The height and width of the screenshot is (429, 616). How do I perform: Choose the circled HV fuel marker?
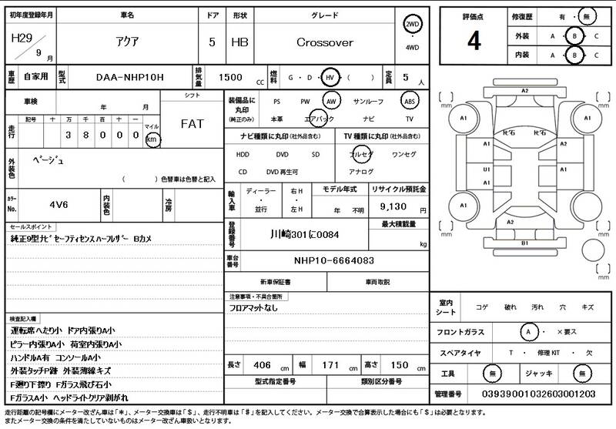(x=330, y=78)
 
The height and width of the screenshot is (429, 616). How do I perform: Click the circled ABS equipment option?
(x=410, y=101)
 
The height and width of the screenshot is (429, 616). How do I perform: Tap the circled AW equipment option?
(x=331, y=101)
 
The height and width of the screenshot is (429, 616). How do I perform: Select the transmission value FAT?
(x=192, y=124)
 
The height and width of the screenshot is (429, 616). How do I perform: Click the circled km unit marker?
(x=152, y=139)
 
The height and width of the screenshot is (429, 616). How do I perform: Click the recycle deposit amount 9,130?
(x=391, y=208)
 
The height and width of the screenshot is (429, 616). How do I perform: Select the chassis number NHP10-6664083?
(x=333, y=260)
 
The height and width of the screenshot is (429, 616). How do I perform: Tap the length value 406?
(x=262, y=364)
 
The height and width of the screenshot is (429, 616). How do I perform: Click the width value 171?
(x=330, y=364)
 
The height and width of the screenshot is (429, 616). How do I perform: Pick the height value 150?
(x=400, y=364)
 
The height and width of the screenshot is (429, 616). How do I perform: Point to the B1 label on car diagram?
(x=524, y=243)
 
